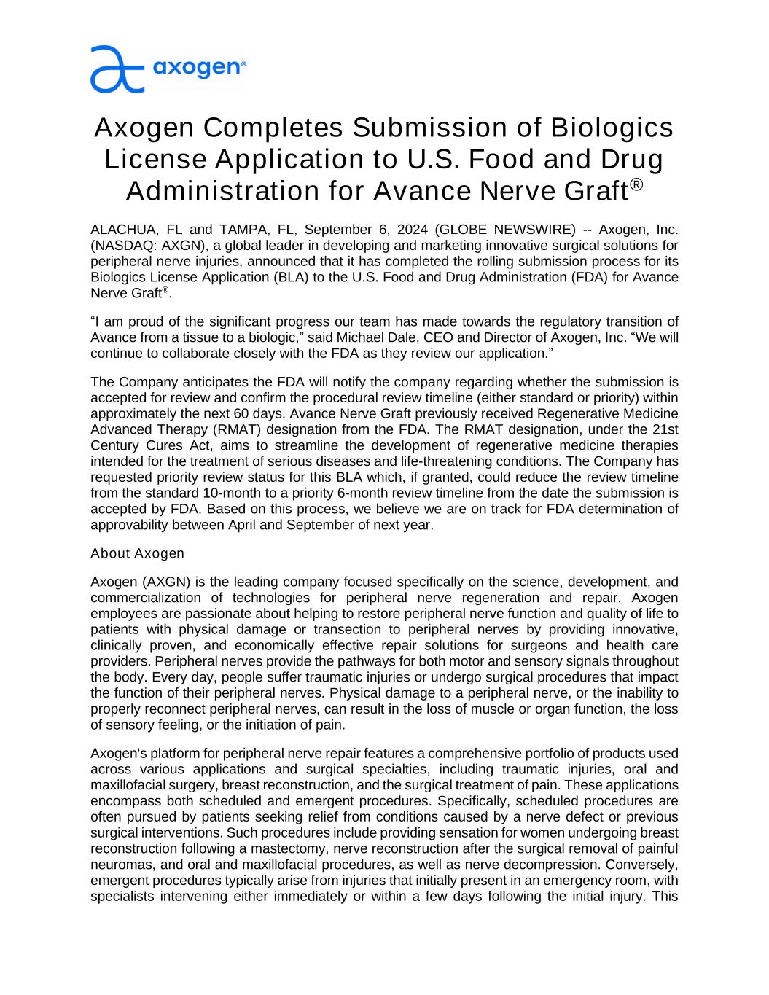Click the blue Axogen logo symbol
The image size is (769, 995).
[x=117, y=69]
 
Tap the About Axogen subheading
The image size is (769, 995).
[x=137, y=553]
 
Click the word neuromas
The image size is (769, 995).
[x=117, y=865]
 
